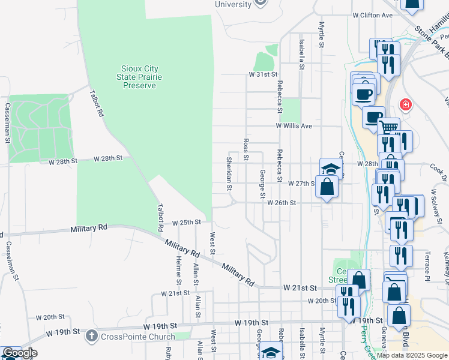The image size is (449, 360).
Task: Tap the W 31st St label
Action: pos(265,74)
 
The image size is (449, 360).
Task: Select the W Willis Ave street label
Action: pos(294,127)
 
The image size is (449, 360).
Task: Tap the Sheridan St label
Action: pos(229,175)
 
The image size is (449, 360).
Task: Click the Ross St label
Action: pos(246,150)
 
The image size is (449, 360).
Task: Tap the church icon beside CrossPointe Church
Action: pos(91,335)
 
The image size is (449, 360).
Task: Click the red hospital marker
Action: pos(406,105)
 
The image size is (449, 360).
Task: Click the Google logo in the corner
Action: pos(19,353)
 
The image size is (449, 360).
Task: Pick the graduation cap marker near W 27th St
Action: pos(330,169)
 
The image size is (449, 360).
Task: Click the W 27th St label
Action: pos(301,184)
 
